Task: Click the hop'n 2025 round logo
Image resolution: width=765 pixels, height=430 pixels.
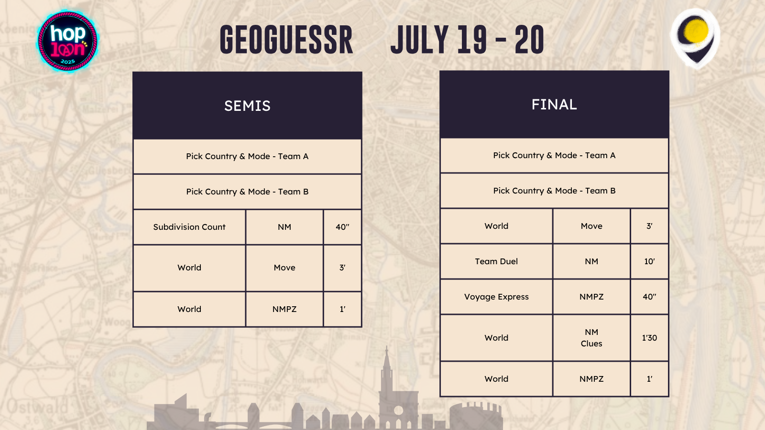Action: [67, 41]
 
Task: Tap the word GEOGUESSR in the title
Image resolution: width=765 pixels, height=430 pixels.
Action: [286, 40]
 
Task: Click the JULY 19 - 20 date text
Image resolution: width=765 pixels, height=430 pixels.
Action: [467, 40]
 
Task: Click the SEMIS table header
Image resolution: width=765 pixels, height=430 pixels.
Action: [247, 106]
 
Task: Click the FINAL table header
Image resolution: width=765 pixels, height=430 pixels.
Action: [554, 105]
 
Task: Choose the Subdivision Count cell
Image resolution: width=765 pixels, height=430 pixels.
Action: [189, 227]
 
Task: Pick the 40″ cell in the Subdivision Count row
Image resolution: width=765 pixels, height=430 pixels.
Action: [342, 227]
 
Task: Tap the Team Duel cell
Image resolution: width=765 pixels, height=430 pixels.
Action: [496, 261]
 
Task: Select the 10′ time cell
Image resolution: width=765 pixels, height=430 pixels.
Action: [650, 261]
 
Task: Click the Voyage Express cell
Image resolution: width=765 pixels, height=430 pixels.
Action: [496, 297]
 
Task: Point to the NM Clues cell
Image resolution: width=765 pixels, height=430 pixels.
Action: [591, 338]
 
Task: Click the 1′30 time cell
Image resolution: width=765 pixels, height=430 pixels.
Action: [650, 338]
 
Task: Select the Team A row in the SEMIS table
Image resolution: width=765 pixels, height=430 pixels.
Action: [247, 156]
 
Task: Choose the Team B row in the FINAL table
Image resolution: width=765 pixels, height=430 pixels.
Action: [554, 191]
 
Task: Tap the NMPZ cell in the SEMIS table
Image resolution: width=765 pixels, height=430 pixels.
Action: [284, 309]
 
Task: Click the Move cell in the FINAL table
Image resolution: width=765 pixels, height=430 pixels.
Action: [591, 226]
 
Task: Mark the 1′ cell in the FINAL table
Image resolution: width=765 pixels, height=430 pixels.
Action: [650, 379]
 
